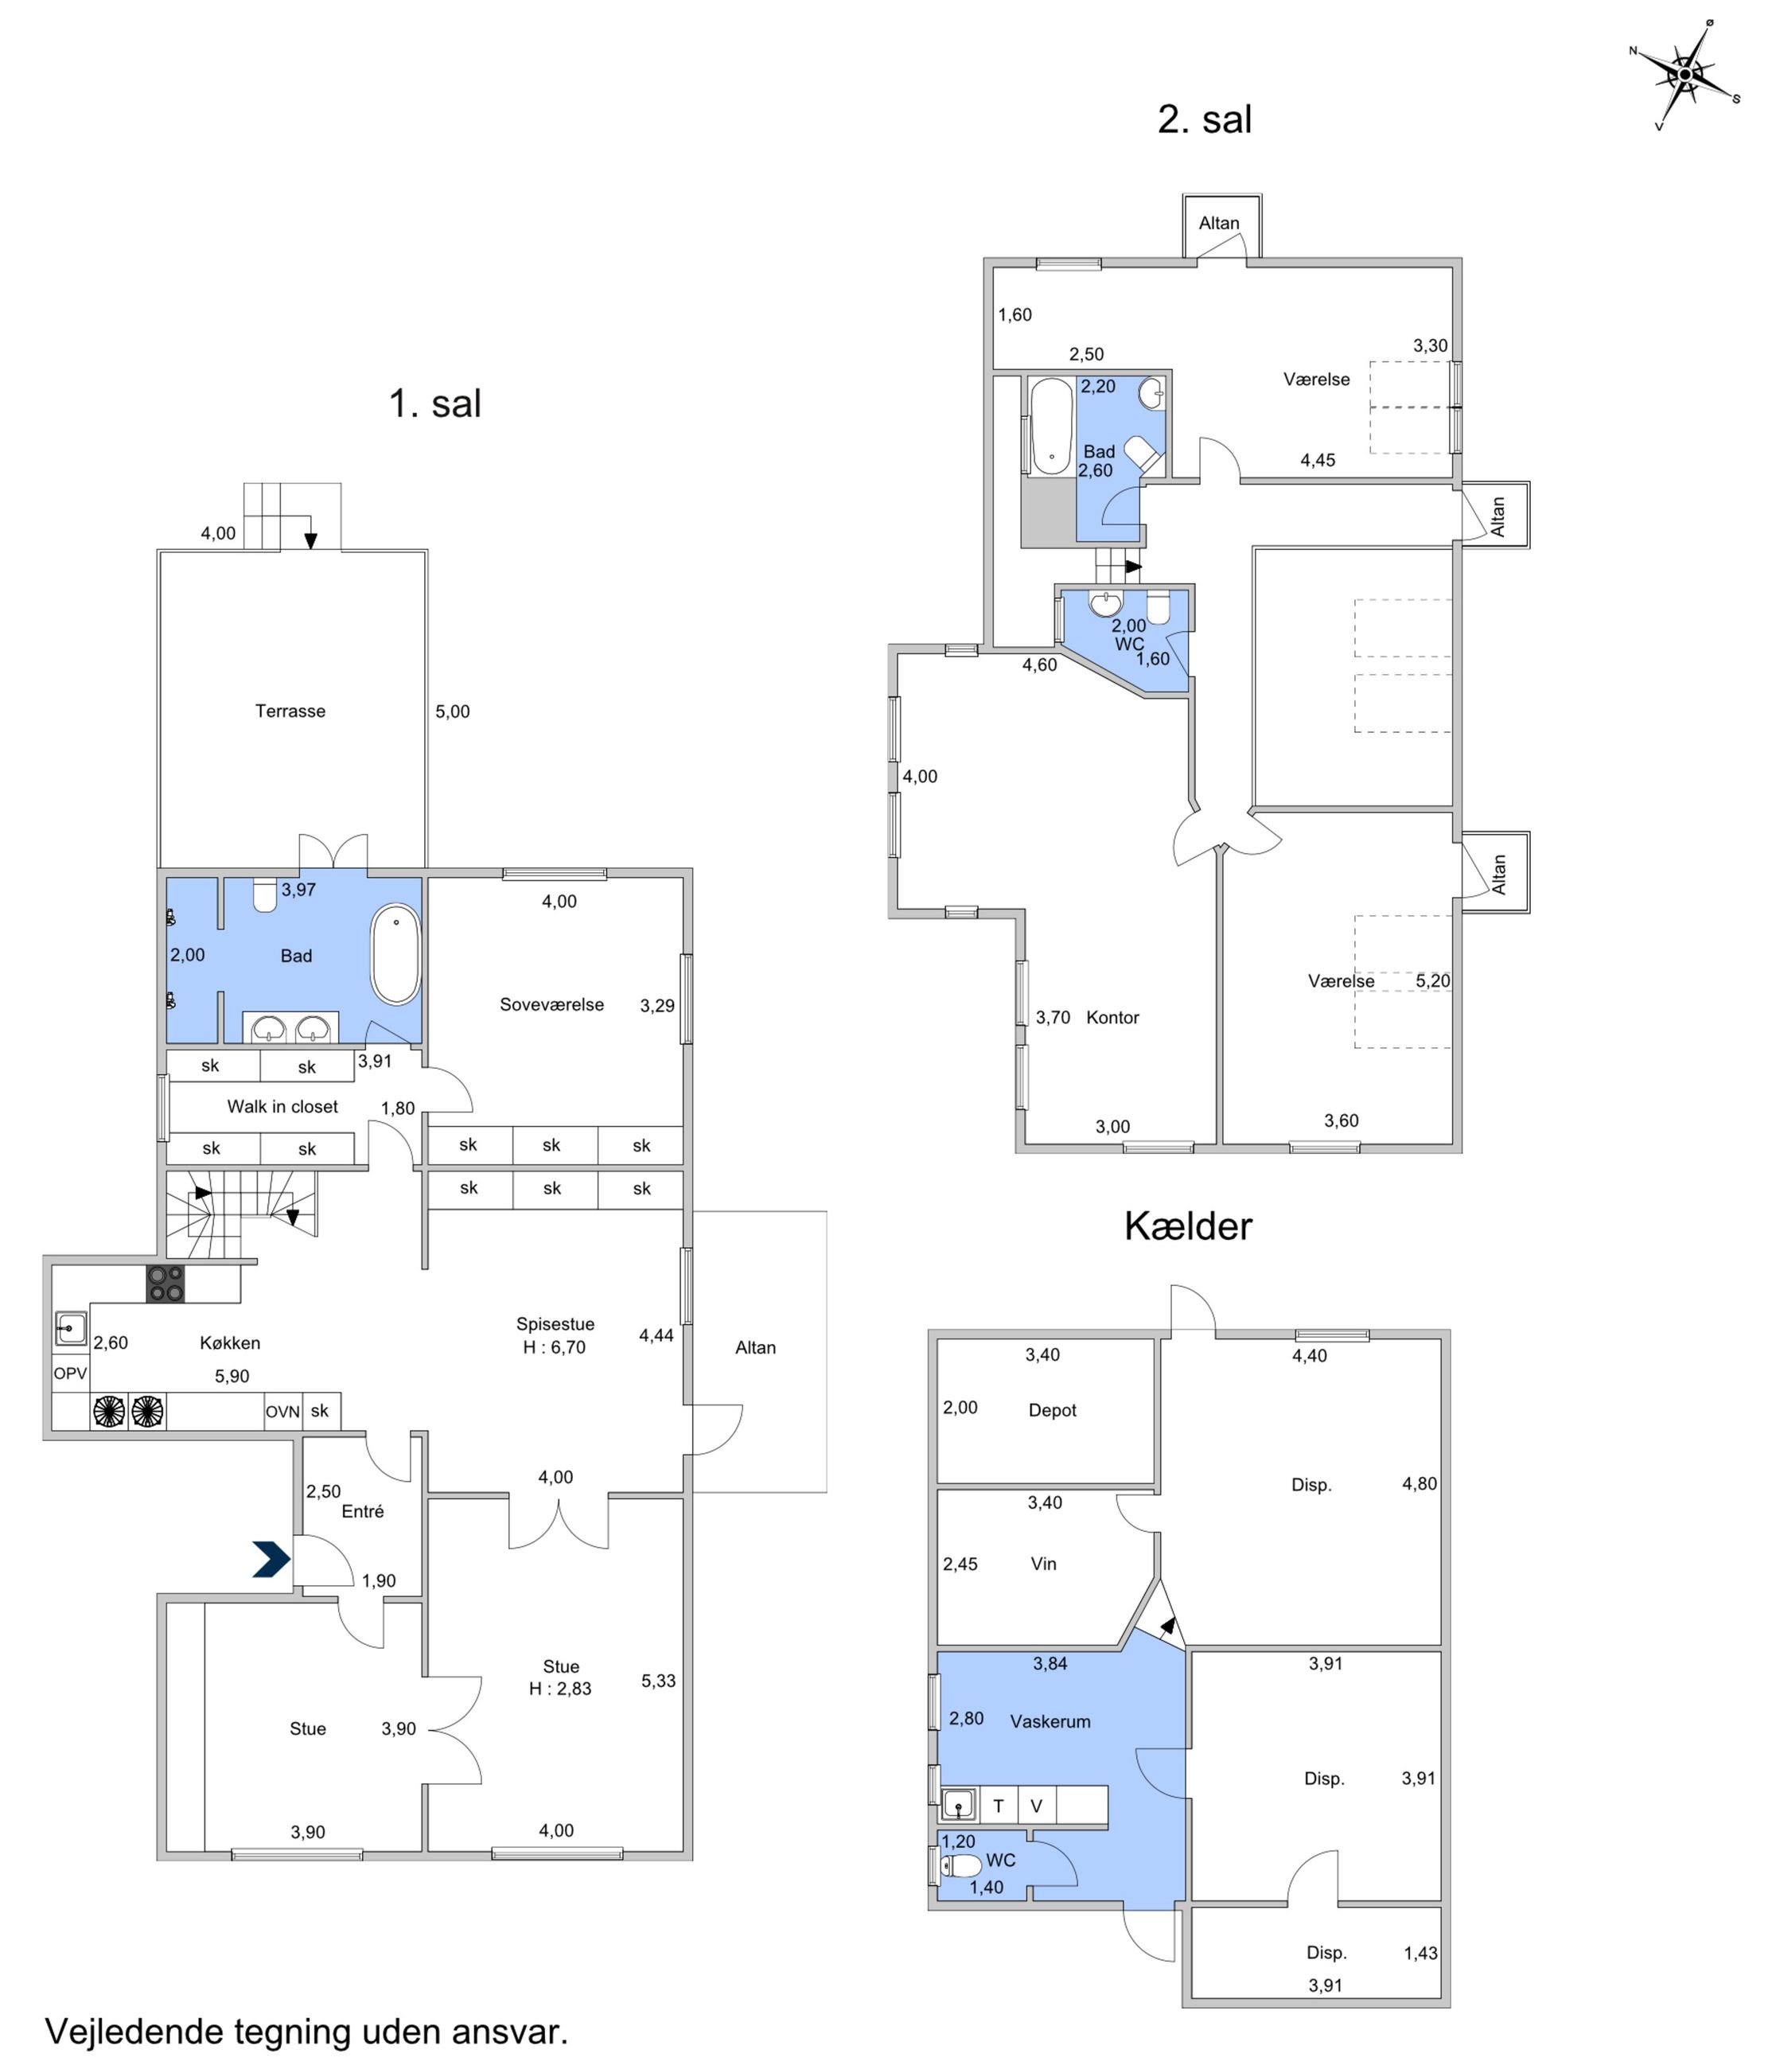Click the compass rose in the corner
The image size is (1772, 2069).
tap(1685, 74)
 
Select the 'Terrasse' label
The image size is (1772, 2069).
tap(290, 711)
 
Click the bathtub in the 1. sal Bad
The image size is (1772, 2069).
tap(395, 955)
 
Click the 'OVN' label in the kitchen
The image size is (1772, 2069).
tap(282, 1412)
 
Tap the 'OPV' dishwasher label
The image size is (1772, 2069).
tap(70, 1373)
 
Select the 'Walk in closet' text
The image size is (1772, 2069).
tap(282, 1106)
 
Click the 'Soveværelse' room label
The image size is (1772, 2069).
tap(552, 1004)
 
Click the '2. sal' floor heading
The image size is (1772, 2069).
tap(1204, 119)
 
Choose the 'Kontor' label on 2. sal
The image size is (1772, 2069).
tap(1112, 1018)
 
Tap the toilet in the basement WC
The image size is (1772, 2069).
tap(960, 1865)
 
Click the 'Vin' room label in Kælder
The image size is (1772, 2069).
tap(1043, 1564)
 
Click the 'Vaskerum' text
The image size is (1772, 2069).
tap(1050, 1721)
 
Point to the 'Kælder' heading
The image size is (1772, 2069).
tap(1188, 1226)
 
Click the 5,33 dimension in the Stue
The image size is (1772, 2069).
tap(658, 1681)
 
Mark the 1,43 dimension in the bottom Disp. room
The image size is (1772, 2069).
tap(1420, 1953)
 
